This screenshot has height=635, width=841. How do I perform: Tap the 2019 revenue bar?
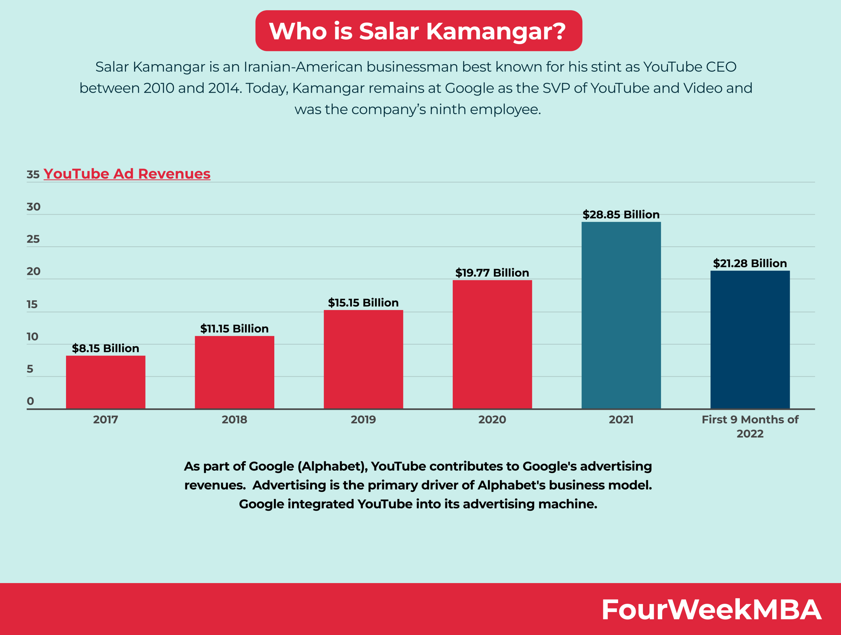click(363, 359)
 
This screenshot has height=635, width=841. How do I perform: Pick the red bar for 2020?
click(492, 344)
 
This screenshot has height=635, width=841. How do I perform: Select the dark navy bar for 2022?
click(750, 339)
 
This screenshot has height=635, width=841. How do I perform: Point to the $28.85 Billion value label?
click(621, 215)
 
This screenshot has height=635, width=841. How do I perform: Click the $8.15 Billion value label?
click(105, 348)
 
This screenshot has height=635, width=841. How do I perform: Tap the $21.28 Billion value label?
click(750, 263)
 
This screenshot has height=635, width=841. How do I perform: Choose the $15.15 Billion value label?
click(363, 303)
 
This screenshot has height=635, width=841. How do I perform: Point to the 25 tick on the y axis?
click(33, 239)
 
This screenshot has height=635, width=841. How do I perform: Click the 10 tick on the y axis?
click(32, 337)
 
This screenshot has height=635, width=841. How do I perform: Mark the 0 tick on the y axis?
click(31, 401)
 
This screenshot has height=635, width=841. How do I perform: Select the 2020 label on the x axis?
click(492, 420)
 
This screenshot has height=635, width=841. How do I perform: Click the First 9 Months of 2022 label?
click(750, 427)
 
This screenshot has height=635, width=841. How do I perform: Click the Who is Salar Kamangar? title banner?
click(418, 31)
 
